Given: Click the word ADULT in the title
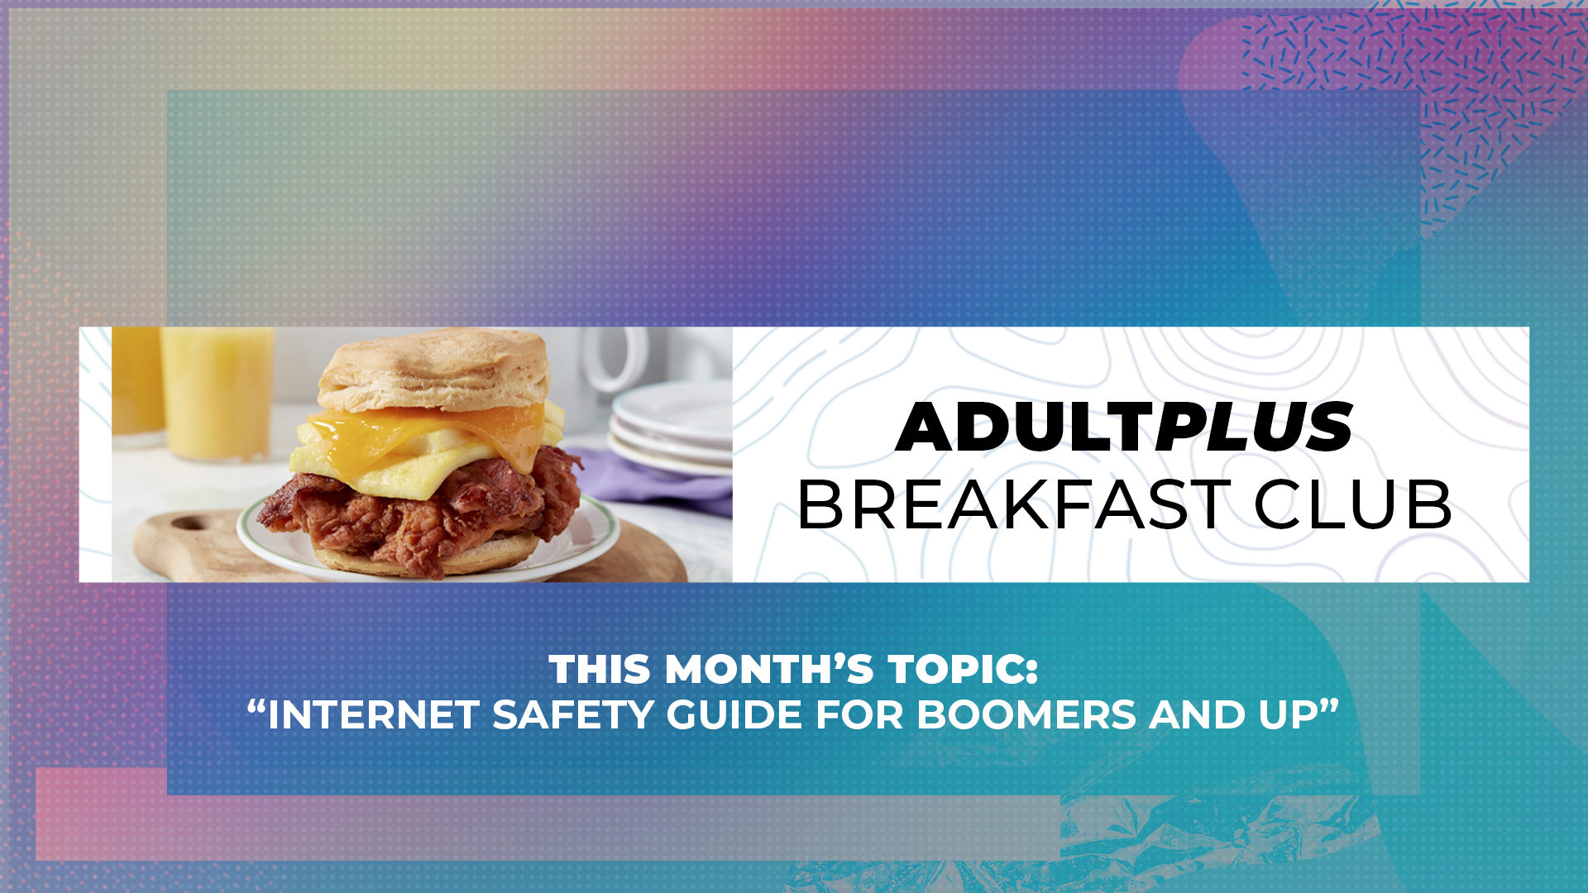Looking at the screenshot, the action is point(1026,427).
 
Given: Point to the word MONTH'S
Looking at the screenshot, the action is point(769,670).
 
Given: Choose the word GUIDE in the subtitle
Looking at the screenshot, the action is point(734,715).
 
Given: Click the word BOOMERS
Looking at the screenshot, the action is point(1026,715).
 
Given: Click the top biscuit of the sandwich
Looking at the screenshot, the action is point(434,368).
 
